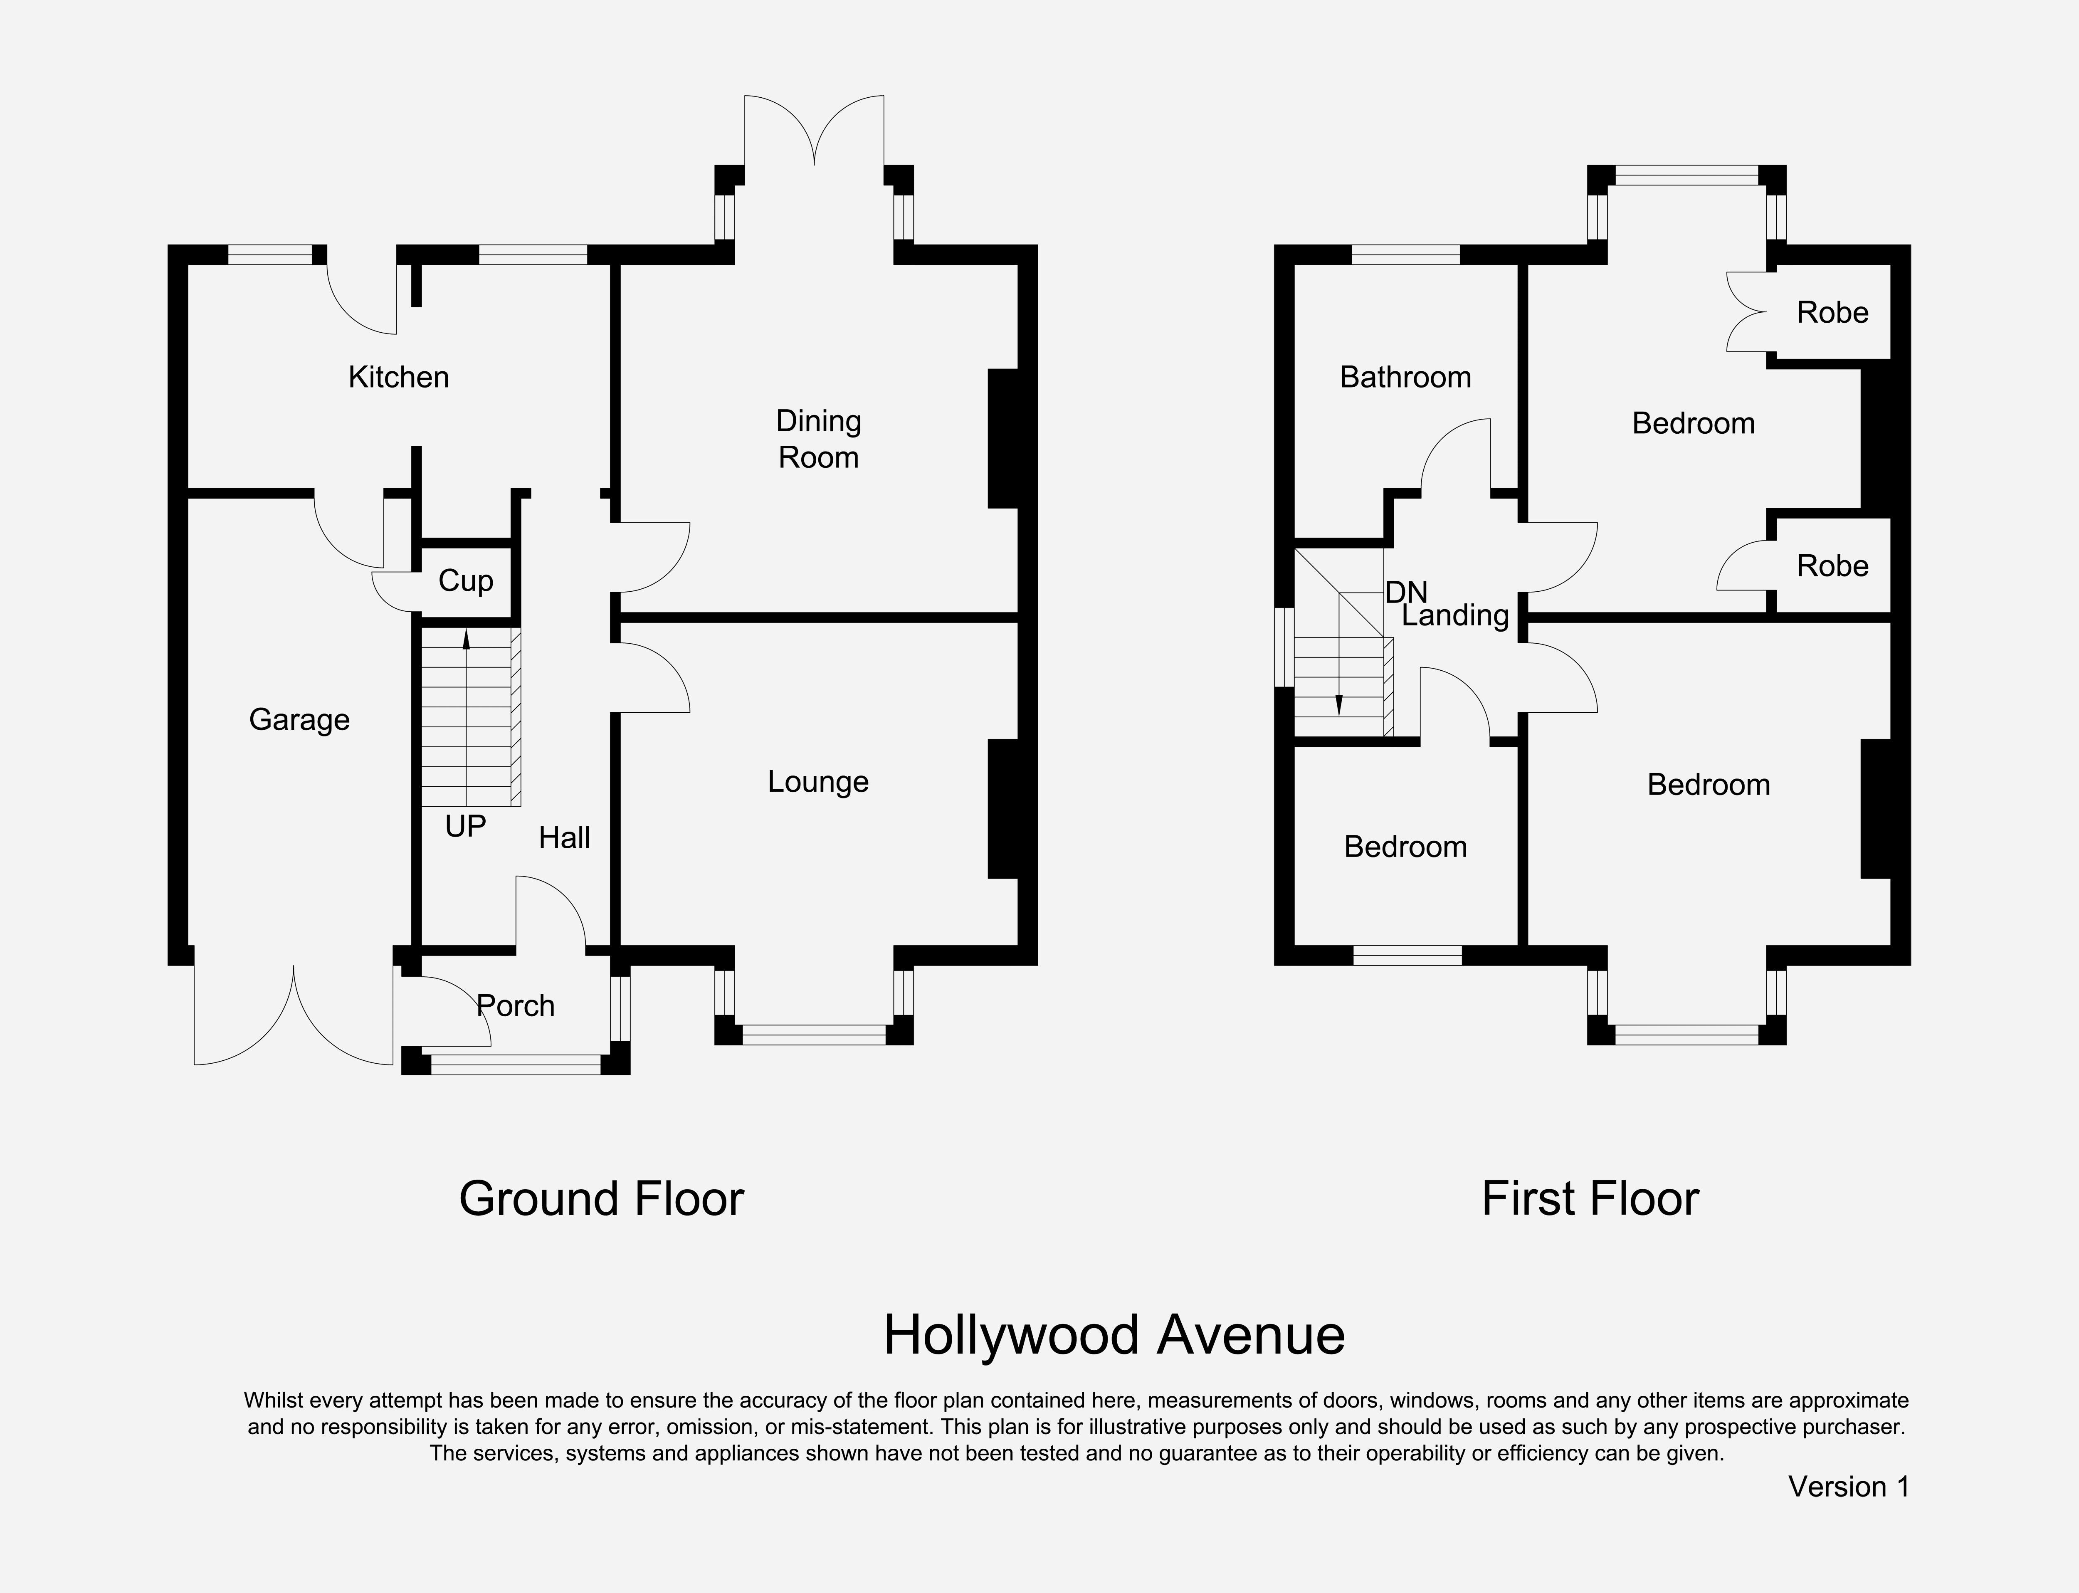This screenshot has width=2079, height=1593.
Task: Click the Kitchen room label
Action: click(x=398, y=378)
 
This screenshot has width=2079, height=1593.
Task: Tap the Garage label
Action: click(x=299, y=720)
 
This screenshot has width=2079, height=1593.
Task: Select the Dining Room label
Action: click(x=818, y=439)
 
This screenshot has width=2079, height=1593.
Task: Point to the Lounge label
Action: click(x=818, y=782)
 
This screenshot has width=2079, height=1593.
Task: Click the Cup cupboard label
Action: click(x=465, y=580)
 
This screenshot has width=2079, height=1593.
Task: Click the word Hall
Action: click(x=564, y=837)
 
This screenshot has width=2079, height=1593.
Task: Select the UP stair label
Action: click(x=465, y=827)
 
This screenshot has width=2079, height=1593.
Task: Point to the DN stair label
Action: click(x=1406, y=593)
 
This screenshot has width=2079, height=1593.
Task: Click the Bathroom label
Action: click(x=1405, y=378)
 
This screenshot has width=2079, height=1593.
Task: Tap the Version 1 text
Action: click(x=1849, y=1487)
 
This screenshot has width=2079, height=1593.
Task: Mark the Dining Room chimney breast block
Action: click(x=1003, y=438)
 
